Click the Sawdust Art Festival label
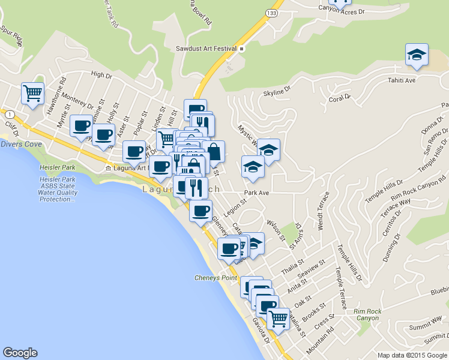pos(206,49)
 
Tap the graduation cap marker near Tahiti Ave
pos(417,56)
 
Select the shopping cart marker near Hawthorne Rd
pos(32,94)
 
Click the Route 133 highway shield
pos(273,13)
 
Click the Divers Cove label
pos(21,144)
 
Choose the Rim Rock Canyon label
pos(367,314)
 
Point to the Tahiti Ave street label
pos(402,80)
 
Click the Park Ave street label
pos(256,193)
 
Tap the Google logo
pos(20,353)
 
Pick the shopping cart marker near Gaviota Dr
pos(277,320)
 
